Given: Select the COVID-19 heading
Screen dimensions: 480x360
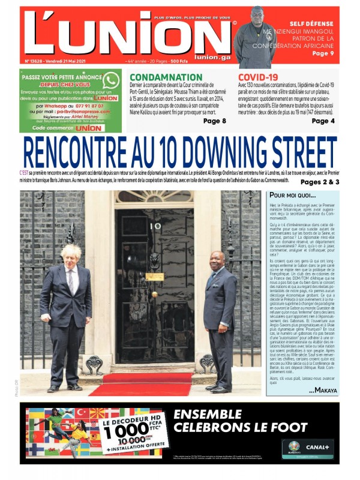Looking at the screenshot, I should (258, 77).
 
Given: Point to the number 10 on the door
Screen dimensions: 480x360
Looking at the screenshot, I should (155, 226).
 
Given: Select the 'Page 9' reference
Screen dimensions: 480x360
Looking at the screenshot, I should (324, 53).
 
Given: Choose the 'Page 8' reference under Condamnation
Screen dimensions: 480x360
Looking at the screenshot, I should (215, 121).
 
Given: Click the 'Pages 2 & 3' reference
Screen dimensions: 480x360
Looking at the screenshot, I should (320, 182).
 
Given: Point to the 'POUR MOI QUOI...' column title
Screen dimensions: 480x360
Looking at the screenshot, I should (292, 196).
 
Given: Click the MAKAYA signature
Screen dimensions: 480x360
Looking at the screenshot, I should (323, 391).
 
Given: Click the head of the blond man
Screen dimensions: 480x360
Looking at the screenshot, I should (70, 256).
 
